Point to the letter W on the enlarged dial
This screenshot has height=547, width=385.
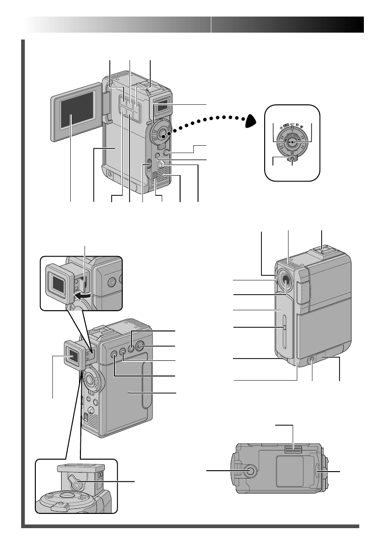[292, 154]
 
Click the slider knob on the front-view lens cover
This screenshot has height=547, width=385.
[284, 327]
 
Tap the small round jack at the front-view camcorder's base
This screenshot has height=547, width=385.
[312, 362]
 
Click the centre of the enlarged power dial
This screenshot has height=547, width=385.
[292, 142]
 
